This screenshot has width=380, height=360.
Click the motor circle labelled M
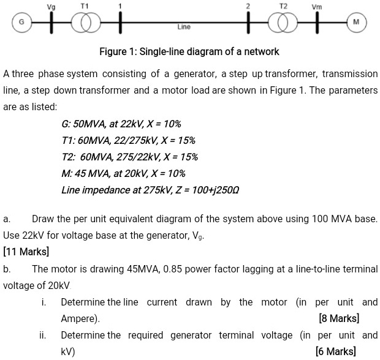coord(355,22)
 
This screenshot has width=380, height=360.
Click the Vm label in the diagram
coord(316,6)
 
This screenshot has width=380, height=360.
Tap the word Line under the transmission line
coord(184,27)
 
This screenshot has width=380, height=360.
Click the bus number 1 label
coord(120,6)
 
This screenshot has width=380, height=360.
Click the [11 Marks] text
coord(26,252)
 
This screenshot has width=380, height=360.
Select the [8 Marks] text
coord(339,319)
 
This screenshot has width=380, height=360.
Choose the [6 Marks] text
coord(335,351)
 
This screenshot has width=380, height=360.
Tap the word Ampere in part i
coord(78,319)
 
